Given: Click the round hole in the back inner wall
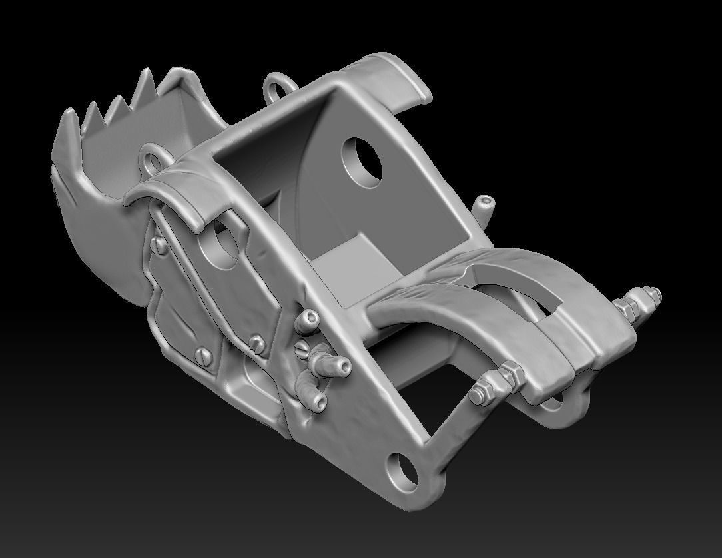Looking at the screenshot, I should point(362,160).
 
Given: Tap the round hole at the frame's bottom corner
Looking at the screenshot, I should point(402,469).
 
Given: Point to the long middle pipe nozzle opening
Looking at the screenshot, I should point(343,366).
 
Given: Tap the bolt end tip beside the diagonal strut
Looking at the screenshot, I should point(476,395).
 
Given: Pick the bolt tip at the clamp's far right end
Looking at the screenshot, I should point(655,293).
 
